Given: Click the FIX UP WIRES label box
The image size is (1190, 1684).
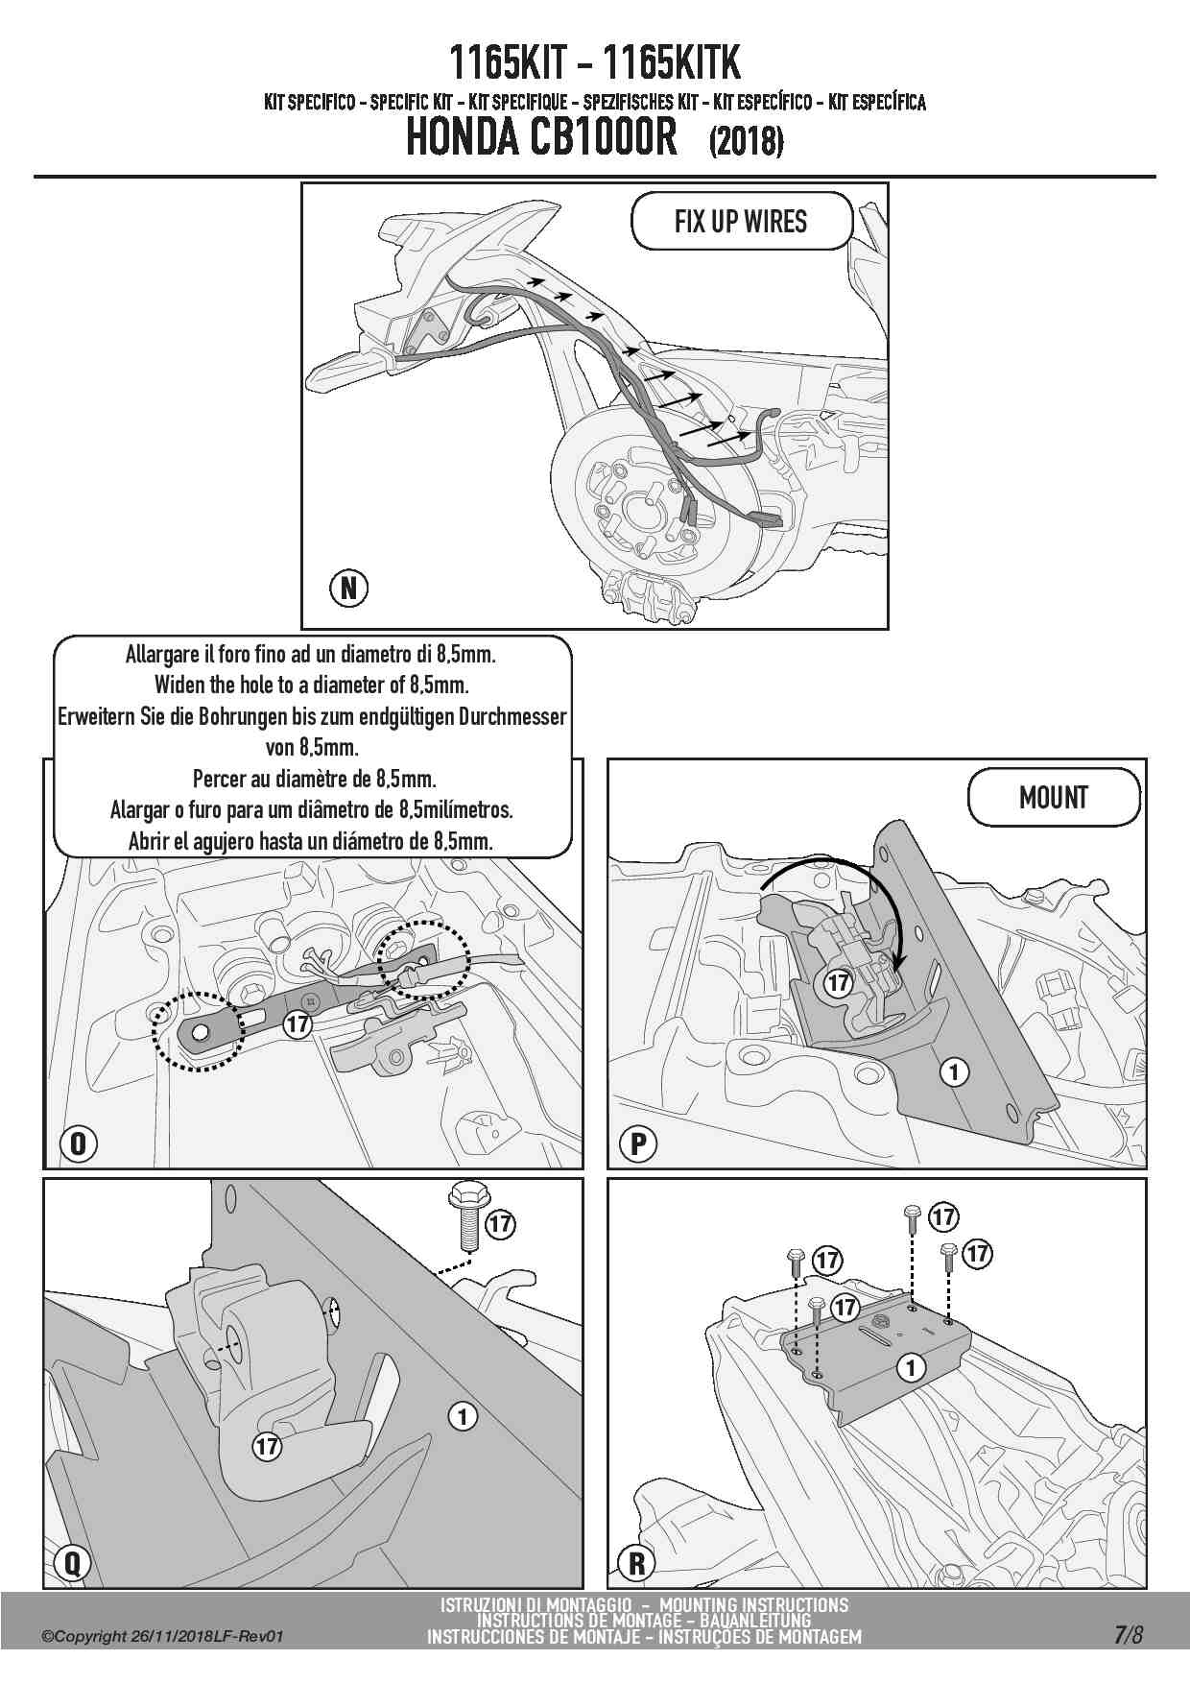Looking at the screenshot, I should pyautogui.click(x=741, y=222).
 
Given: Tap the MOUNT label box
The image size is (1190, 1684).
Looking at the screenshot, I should pyautogui.click(x=1054, y=798).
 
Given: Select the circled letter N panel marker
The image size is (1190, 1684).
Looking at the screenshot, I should pyautogui.click(x=349, y=587).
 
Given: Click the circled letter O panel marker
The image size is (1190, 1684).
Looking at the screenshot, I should pyautogui.click(x=79, y=1143).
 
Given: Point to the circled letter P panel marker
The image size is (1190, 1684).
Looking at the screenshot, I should pyautogui.click(x=638, y=1143).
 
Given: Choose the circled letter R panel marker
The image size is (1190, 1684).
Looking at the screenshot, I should pyautogui.click(x=636, y=1563).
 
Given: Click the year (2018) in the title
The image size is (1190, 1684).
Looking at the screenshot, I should pyautogui.click(x=746, y=141).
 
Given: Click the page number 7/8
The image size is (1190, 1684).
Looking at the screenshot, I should pyautogui.click(x=1129, y=1635).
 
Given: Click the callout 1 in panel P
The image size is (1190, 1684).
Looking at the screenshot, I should pyautogui.click(x=954, y=1071).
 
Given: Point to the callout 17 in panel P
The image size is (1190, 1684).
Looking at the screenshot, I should pyautogui.click(x=839, y=982).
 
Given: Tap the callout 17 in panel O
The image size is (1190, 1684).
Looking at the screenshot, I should pyautogui.click(x=298, y=1024).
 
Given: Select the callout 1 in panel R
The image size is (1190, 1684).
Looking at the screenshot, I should pyautogui.click(x=910, y=1366).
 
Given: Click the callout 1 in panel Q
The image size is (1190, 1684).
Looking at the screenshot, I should pyautogui.click(x=463, y=1416).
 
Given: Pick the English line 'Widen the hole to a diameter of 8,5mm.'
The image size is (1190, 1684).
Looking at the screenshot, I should pyautogui.click(x=312, y=686).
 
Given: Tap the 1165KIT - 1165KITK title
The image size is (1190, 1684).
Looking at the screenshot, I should pyautogui.click(x=595, y=63).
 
